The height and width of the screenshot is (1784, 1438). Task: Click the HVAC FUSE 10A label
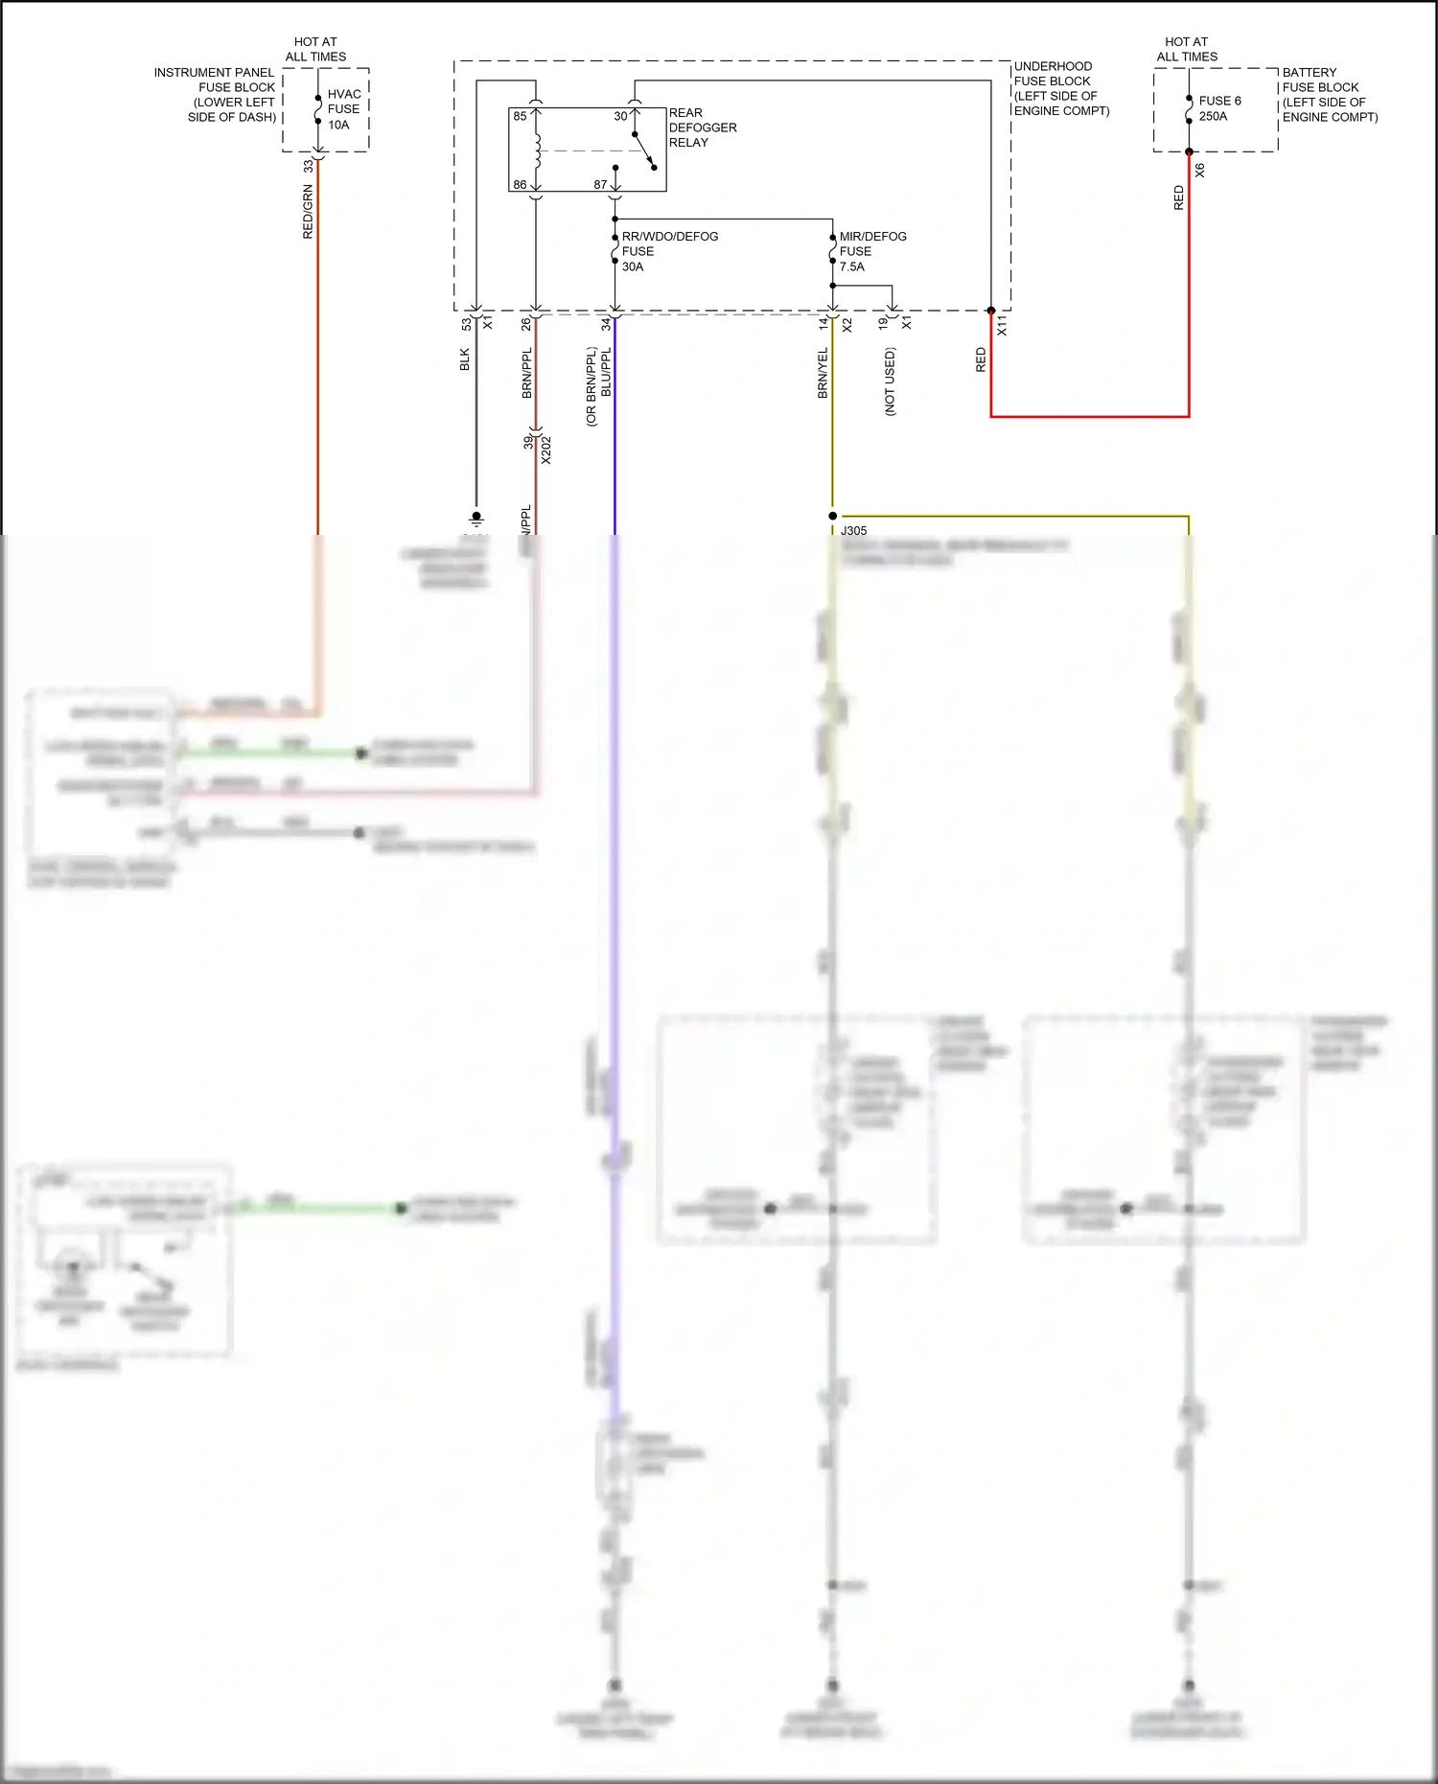tap(344, 109)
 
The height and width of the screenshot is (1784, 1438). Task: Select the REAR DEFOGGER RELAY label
tap(702, 127)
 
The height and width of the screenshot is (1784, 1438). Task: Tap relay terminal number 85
tap(520, 116)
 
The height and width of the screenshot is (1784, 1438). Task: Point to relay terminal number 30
tap(620, 116)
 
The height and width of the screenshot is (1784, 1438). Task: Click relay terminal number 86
tap(520, 185)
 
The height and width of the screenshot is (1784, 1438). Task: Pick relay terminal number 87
tap(600, 185)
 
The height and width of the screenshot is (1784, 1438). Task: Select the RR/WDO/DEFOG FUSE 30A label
tap(669, 251)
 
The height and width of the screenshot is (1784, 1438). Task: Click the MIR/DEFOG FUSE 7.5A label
tap(872, 251)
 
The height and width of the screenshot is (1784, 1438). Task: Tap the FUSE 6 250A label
tap(1219, 108)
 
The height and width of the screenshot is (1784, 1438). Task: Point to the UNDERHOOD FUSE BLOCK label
tap(1061, 88)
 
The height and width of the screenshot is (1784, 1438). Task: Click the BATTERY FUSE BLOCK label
tap(1330, 95)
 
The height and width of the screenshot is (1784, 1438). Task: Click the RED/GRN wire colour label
tap(308, 212)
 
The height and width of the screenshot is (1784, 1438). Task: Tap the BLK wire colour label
tap(465, 359)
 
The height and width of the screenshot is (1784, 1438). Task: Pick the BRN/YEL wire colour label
tap(823, 374)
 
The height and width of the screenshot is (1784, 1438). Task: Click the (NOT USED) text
tap(890, 382)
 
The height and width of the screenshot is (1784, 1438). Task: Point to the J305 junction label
tap(853, 530)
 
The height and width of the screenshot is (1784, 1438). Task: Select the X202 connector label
tap(546, 451)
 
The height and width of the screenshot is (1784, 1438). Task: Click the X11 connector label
tap(1002, 325)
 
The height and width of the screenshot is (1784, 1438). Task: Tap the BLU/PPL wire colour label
tap(606, 373)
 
